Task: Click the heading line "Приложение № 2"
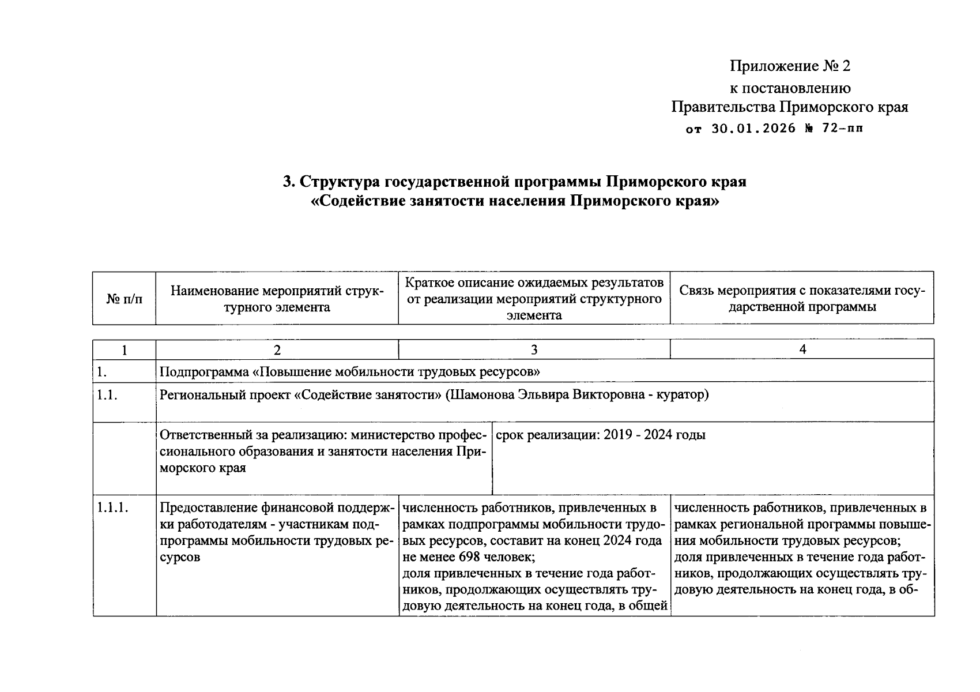[790, 66]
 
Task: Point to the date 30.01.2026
[753, 129]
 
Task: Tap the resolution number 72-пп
[843, 129]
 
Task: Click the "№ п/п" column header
[124, 299]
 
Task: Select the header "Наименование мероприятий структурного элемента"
[277, 299]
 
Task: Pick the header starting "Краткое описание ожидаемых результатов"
[534, 299]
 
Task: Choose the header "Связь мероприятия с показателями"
[802, 299]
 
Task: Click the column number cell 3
[534, 349]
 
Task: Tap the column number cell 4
[802, 349]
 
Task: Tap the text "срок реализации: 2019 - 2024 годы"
[600, 435]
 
